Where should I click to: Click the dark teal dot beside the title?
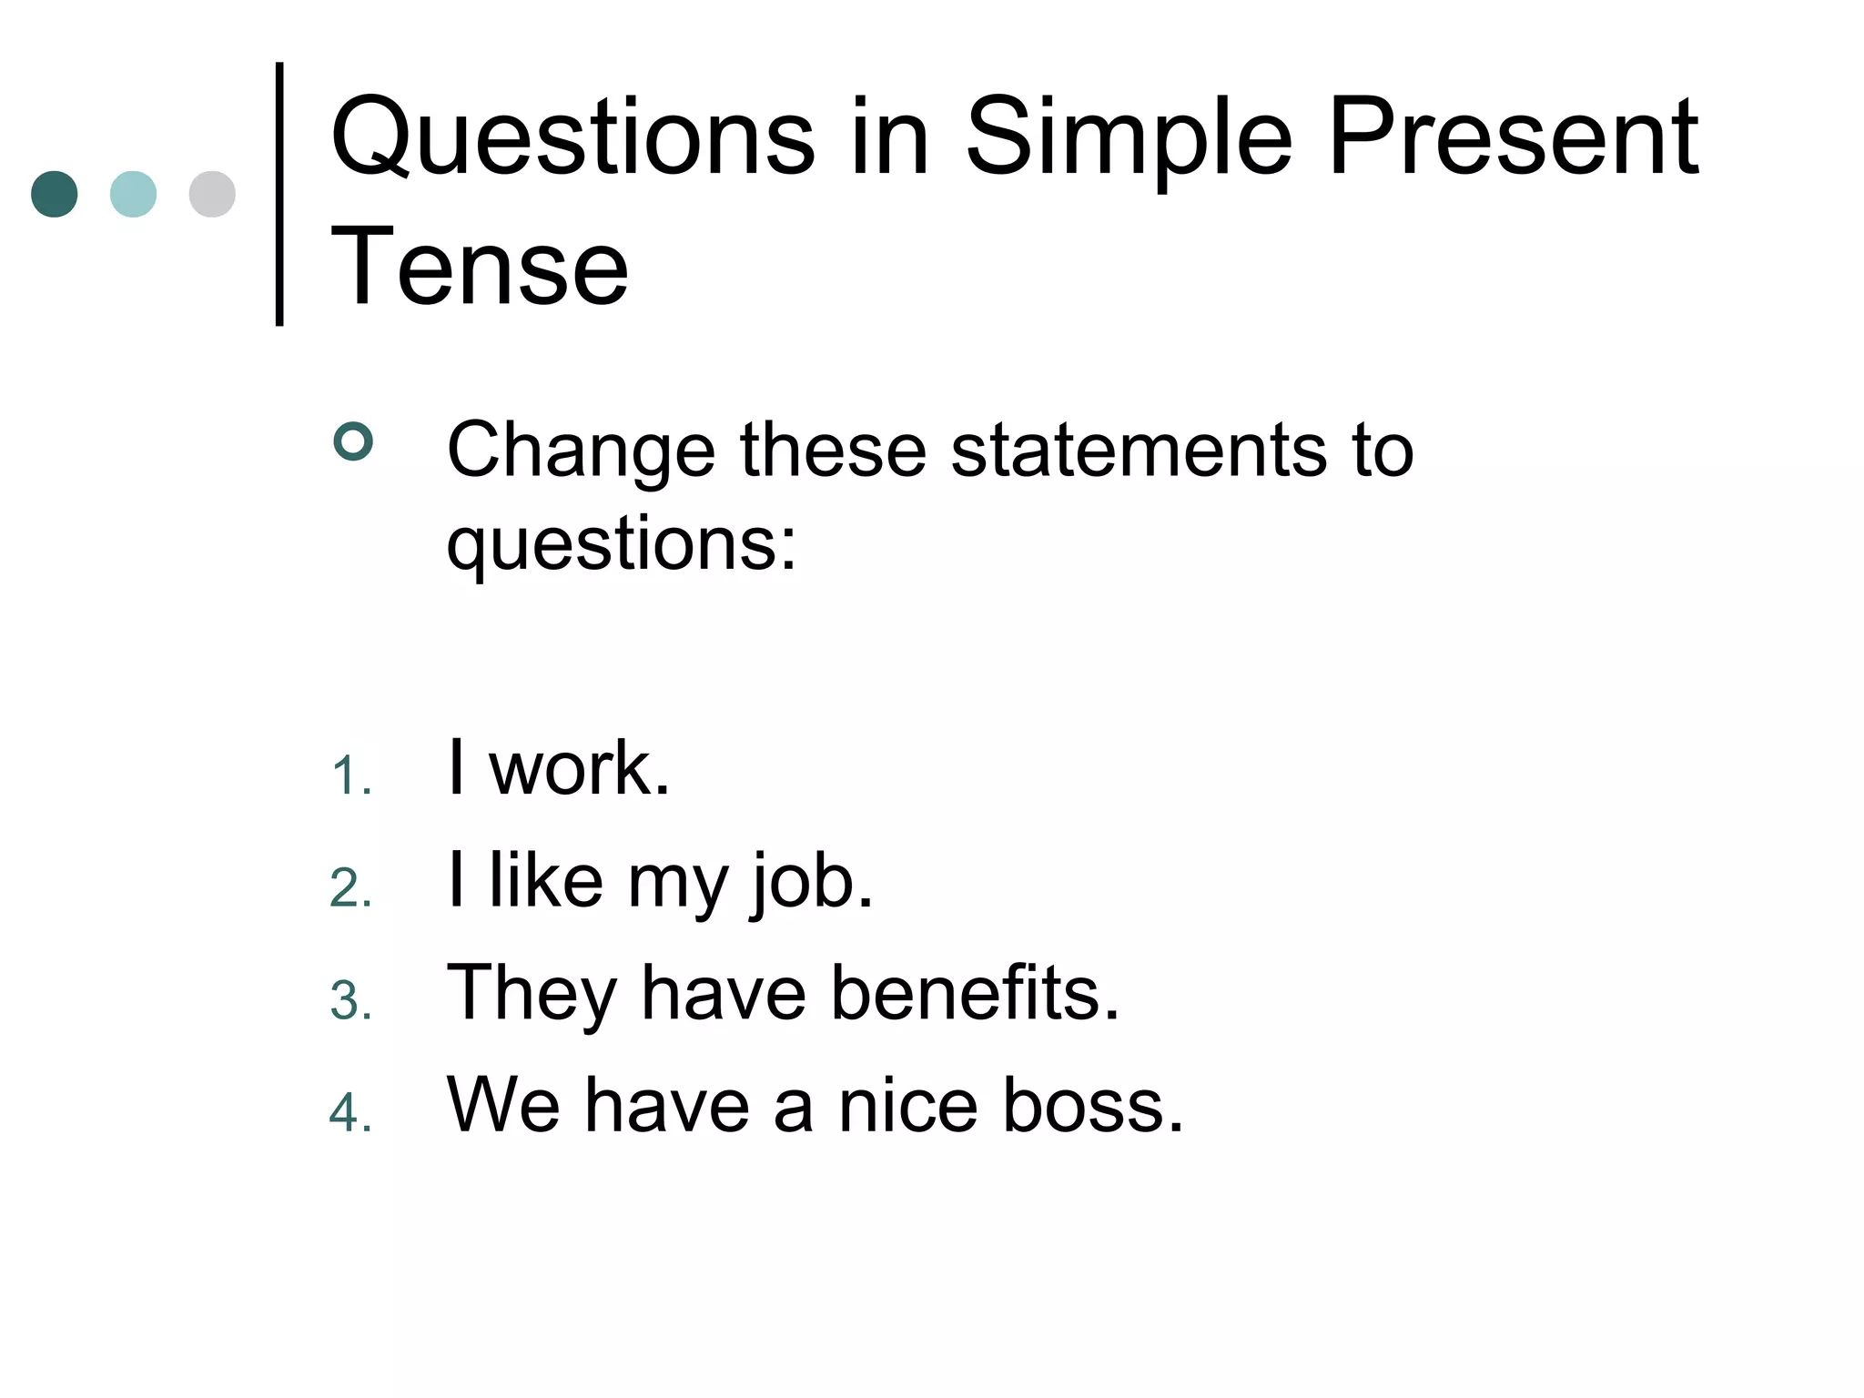54,194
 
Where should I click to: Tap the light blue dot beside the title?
133,194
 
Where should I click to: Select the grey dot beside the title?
212,194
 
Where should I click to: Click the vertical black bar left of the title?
279,194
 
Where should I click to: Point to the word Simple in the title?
1129,138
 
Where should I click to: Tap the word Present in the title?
1513,138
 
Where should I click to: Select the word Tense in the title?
480,267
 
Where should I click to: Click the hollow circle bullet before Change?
353,442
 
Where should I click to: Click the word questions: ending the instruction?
622,543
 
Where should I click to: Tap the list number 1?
351,777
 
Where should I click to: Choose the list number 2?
351,889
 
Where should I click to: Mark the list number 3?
351,1001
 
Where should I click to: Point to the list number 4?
351,1113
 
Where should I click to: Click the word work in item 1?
579,769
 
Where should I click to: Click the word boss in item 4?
1092,1105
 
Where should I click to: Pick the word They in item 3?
532,993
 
